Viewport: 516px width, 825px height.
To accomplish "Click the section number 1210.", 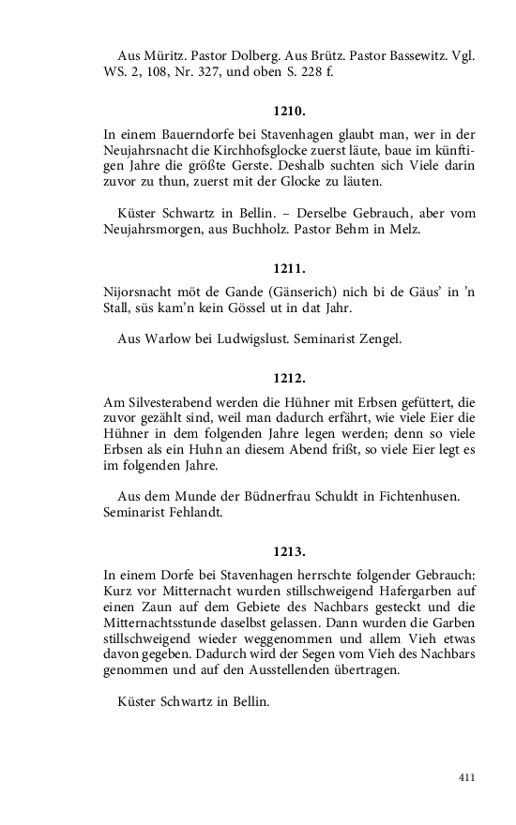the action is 290,111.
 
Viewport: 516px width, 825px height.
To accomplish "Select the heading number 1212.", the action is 290,381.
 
